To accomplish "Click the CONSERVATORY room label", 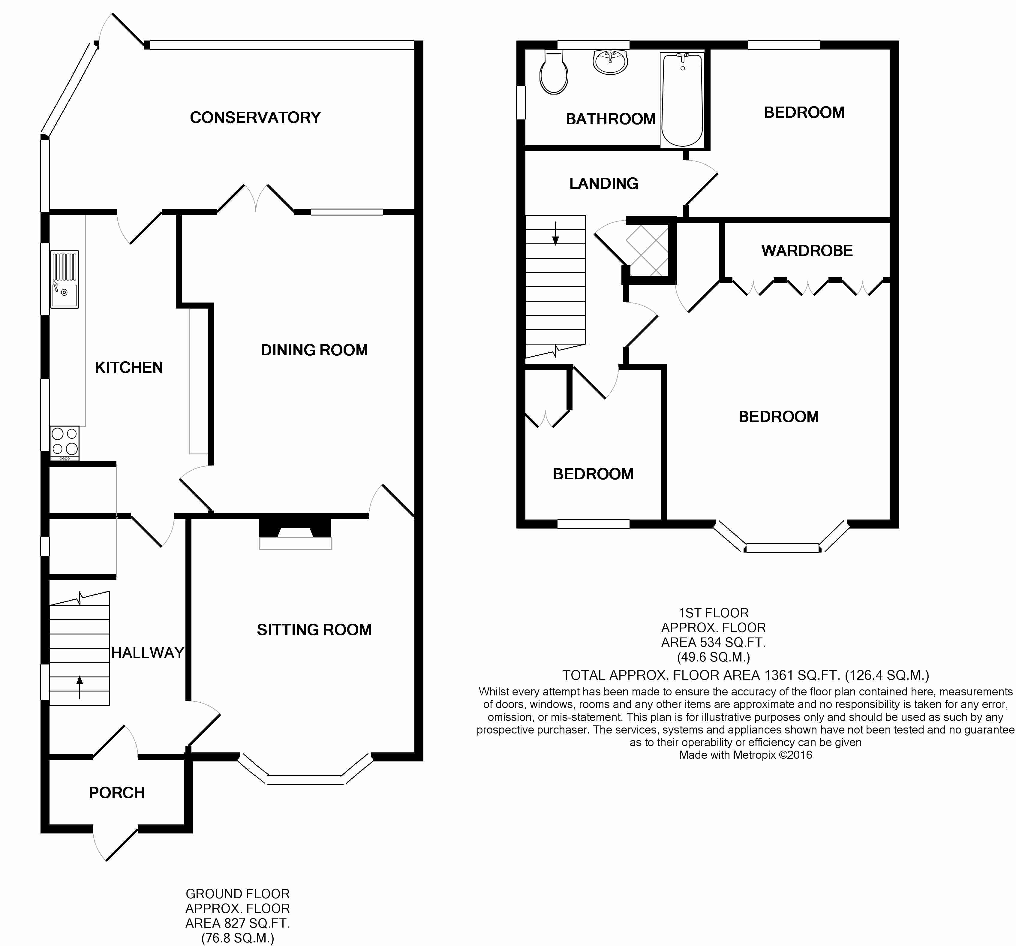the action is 255,118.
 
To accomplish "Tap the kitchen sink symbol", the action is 65,279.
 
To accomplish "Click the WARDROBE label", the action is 807,250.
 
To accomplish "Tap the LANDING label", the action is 604,183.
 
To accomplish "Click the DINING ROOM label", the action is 314,350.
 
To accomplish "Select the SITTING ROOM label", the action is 314,630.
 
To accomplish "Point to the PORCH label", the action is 116,793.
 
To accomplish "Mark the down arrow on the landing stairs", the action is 555,233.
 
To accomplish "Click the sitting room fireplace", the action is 295,534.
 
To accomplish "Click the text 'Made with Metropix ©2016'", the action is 746,755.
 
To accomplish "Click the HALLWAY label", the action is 148,653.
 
